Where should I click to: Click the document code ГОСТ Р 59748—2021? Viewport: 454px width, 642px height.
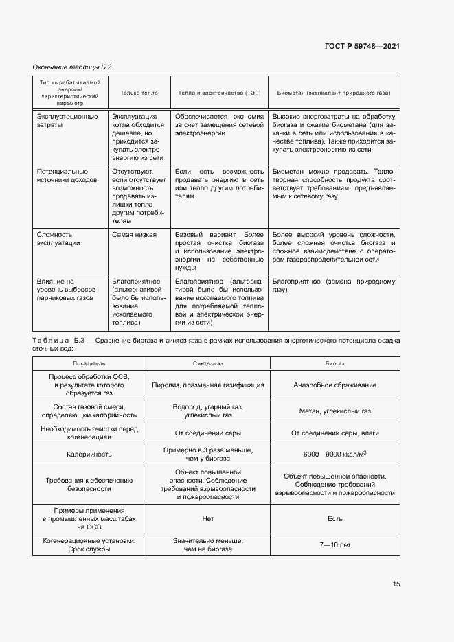(362, 46)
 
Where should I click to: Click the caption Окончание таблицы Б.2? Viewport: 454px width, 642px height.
(72, 67)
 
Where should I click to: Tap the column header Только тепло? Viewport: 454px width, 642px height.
(139, 92)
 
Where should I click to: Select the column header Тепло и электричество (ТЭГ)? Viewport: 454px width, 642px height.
(218, 92)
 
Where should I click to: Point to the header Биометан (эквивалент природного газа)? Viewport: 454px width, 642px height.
(333, 92)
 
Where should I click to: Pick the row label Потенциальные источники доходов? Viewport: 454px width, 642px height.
(62, 175)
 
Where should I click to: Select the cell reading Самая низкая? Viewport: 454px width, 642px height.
(134, 234)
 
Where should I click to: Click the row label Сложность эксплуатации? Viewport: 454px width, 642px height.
(58, 238)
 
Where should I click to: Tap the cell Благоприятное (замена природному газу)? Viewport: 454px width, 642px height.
(334, 286)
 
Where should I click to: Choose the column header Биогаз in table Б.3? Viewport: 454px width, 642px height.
(334, 362)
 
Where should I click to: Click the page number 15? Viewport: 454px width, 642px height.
(396, 584)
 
